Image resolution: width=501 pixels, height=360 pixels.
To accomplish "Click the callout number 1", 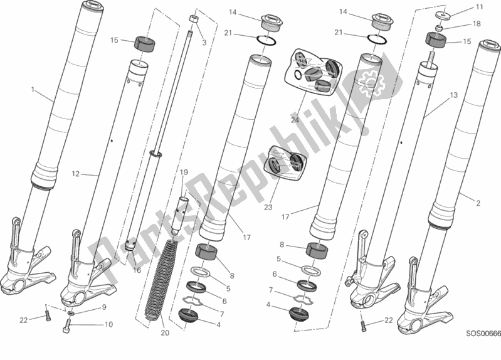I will (x=33, y=90).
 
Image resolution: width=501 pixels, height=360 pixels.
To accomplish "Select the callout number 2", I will (x=478, y=203).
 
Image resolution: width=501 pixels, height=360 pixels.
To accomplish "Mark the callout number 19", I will (x=184, y=172).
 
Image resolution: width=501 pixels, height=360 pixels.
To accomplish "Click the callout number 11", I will (x=479, y=8).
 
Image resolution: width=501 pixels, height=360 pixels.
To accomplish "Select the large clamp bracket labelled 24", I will (x=310, y=70).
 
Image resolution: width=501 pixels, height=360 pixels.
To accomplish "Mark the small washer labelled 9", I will (x=72, y=312).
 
